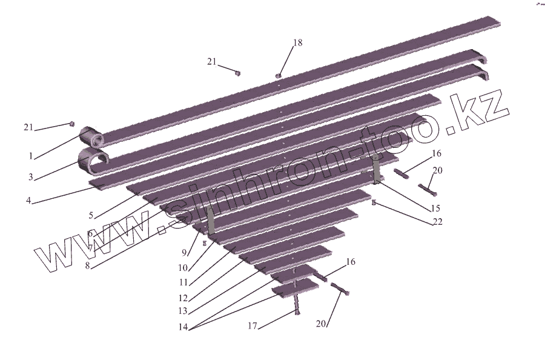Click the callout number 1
30,156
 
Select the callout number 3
30,177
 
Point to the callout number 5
91,215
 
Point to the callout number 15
435,208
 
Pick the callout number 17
253,326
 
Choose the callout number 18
297,43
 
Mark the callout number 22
437,222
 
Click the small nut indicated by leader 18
279,75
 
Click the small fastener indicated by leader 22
374,202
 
